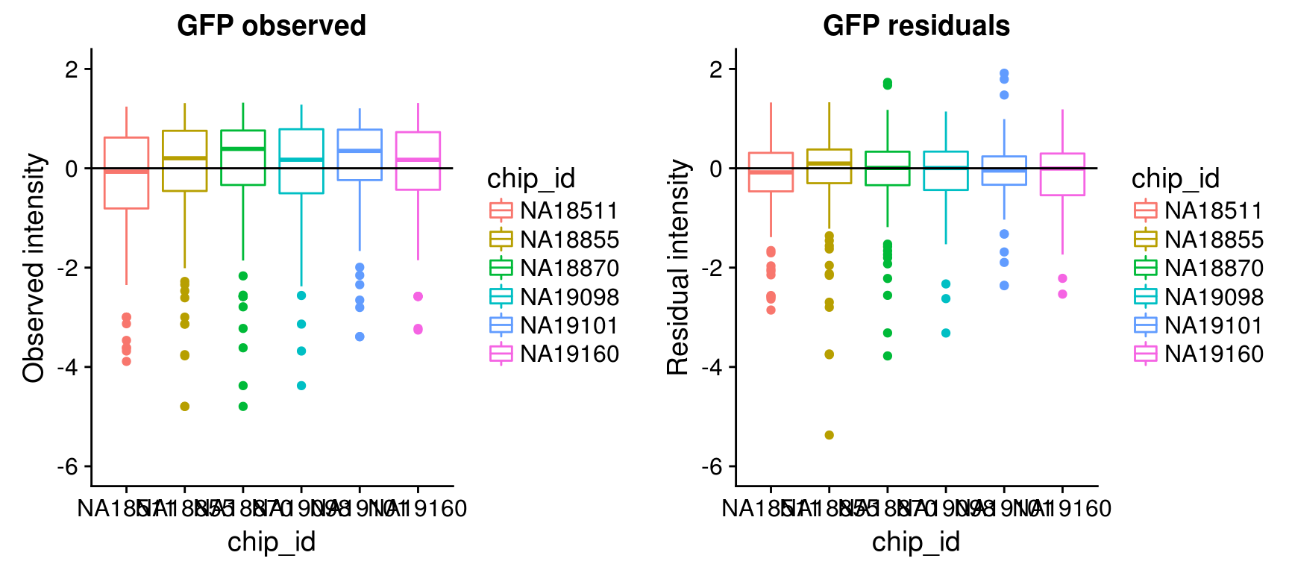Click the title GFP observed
point(272,26)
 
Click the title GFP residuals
point(916,26)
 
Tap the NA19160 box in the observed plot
point(418,160)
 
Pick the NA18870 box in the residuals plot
point(888,168)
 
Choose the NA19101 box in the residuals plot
point(1004,170)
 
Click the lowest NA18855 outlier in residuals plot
point(829,435)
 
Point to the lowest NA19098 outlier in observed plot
point(301,386)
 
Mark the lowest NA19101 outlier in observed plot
point(360,336)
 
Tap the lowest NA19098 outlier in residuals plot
point(946,333)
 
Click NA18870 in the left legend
point(569,269)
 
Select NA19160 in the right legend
point(1214,354)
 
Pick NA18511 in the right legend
point(1214,211)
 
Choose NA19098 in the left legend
point(569,297)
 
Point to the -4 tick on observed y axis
point(71,367)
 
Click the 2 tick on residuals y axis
point(716,69)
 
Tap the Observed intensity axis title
point(34,267)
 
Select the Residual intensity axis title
point(679,267)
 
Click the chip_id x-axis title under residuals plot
point(916,542)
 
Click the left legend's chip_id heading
point(531,178)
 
